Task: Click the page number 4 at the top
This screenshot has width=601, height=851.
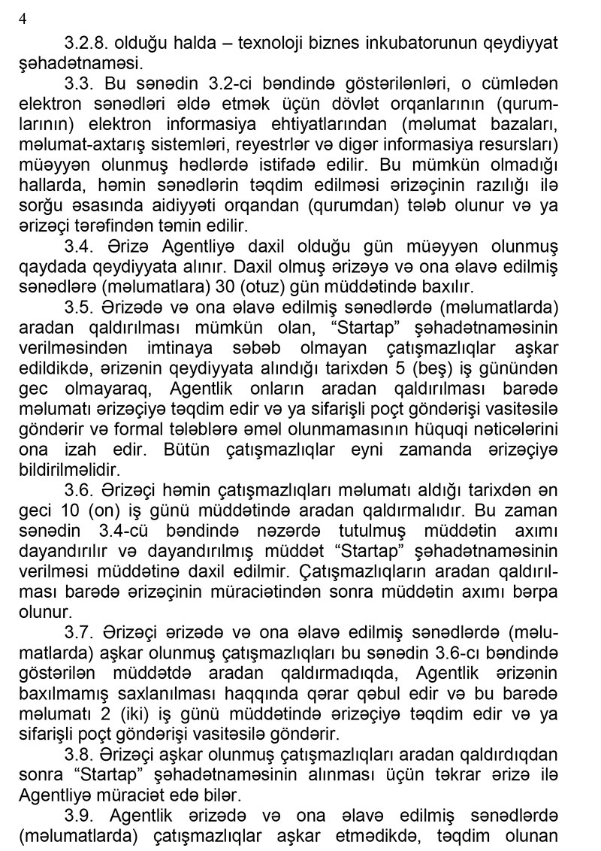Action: pos(23,20)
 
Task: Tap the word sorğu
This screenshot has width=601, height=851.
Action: pos(39,204)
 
